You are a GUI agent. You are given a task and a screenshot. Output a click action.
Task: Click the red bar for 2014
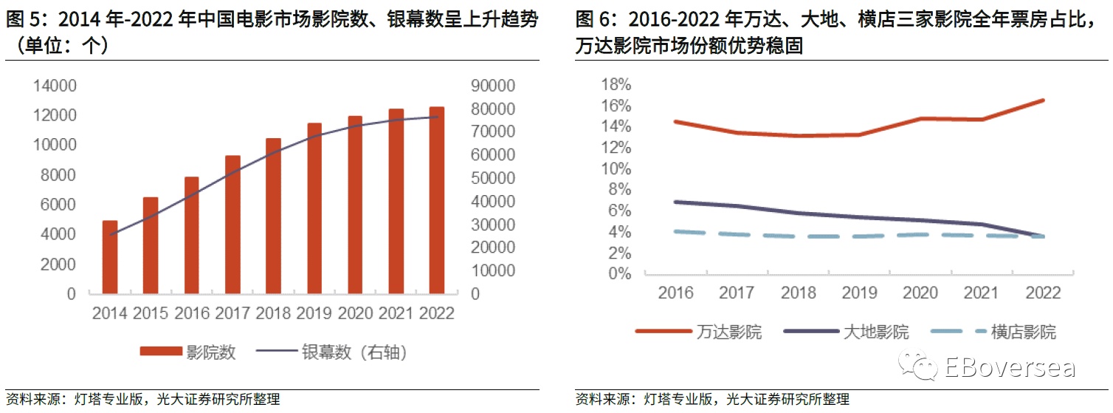[x=110, y=257]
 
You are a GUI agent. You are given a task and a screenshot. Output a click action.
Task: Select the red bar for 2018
[x=273, y=216]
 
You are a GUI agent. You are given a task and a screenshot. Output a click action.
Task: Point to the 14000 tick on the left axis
[x=56, y=86]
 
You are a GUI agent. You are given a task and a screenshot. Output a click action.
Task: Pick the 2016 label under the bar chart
[x=191, y=313]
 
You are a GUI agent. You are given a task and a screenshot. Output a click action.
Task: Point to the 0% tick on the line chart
[x=621, y=274]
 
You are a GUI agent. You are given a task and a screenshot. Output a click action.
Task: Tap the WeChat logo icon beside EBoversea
[x=917, y=366]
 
